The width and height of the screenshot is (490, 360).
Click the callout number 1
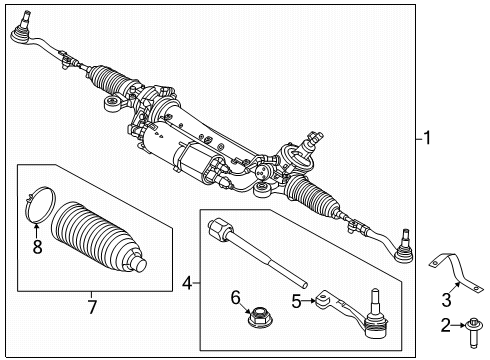427,138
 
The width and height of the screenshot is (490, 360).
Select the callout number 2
446,325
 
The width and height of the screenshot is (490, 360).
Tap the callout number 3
446,300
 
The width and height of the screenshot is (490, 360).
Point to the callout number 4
187,283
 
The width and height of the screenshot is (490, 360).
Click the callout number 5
296,301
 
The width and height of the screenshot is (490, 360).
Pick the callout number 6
236,297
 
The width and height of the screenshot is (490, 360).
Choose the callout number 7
92,307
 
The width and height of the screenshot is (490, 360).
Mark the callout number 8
37,247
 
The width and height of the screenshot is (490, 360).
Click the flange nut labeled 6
260,317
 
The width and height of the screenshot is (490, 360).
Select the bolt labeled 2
474,332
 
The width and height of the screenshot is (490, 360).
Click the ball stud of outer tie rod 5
376,304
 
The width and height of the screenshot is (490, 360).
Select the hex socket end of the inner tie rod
220,228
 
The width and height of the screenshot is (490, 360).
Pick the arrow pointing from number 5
309,301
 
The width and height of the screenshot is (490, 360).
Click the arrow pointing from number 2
458,325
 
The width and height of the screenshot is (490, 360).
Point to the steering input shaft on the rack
311,141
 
